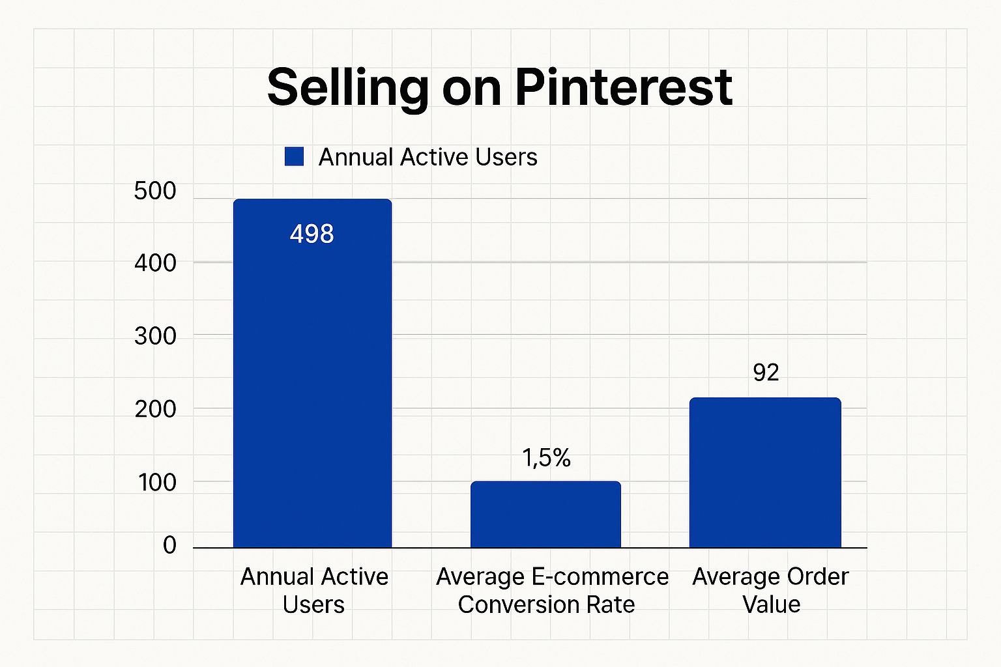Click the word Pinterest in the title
(624, 87)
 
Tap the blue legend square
(295, 157)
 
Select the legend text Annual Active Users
(428, 157)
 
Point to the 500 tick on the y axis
(155, 191)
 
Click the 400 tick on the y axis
(155, 263)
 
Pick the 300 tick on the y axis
(155, 336)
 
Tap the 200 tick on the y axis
(155, 409)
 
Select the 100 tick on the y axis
(156, 482)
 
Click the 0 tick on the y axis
(169, 545)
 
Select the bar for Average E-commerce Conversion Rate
(545, 515)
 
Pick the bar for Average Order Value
(765, 473)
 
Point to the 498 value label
(312, 234)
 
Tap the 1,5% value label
(546, 459)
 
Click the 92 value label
(766, 373)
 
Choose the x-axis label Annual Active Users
(314, 590)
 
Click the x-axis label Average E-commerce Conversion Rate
(551, 590)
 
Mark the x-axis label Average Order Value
(770, 590)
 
